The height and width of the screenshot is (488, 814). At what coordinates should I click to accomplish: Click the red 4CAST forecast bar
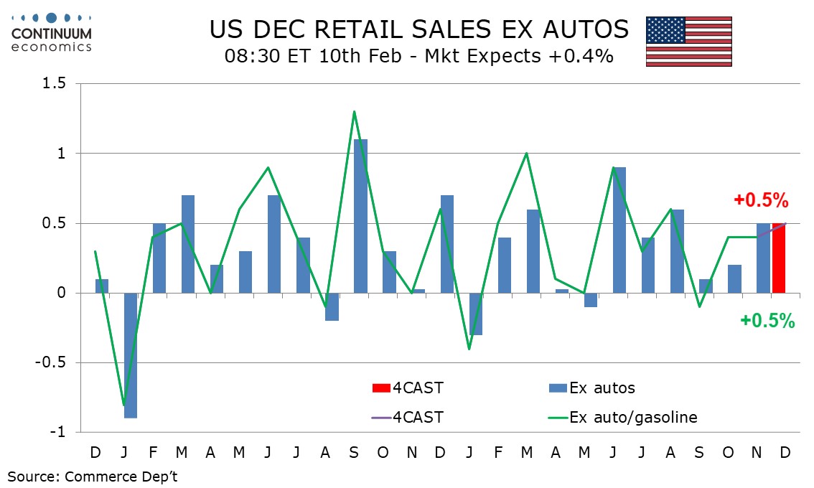[779, 258]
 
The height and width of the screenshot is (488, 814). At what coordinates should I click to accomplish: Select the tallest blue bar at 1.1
[360, 216]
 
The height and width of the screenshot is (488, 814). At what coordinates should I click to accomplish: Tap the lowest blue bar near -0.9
[130, 355]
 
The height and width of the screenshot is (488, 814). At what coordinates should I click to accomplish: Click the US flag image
[688, 41]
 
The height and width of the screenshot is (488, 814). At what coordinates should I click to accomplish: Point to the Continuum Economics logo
[51, 32]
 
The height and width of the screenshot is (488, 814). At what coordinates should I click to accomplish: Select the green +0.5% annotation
[767, 322]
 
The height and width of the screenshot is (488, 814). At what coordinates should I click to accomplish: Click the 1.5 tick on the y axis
[52, 84]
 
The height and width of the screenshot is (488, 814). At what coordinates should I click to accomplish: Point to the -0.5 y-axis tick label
[50, 363]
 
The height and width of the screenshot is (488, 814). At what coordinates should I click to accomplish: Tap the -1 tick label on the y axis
[57, 433]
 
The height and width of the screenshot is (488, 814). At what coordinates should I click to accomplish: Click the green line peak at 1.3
[355, 111]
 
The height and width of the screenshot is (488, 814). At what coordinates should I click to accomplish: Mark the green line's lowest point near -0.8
[123, 405]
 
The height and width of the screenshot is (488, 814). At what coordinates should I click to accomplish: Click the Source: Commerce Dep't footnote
[93, 477]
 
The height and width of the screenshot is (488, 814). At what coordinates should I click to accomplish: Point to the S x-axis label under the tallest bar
[354, 453]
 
